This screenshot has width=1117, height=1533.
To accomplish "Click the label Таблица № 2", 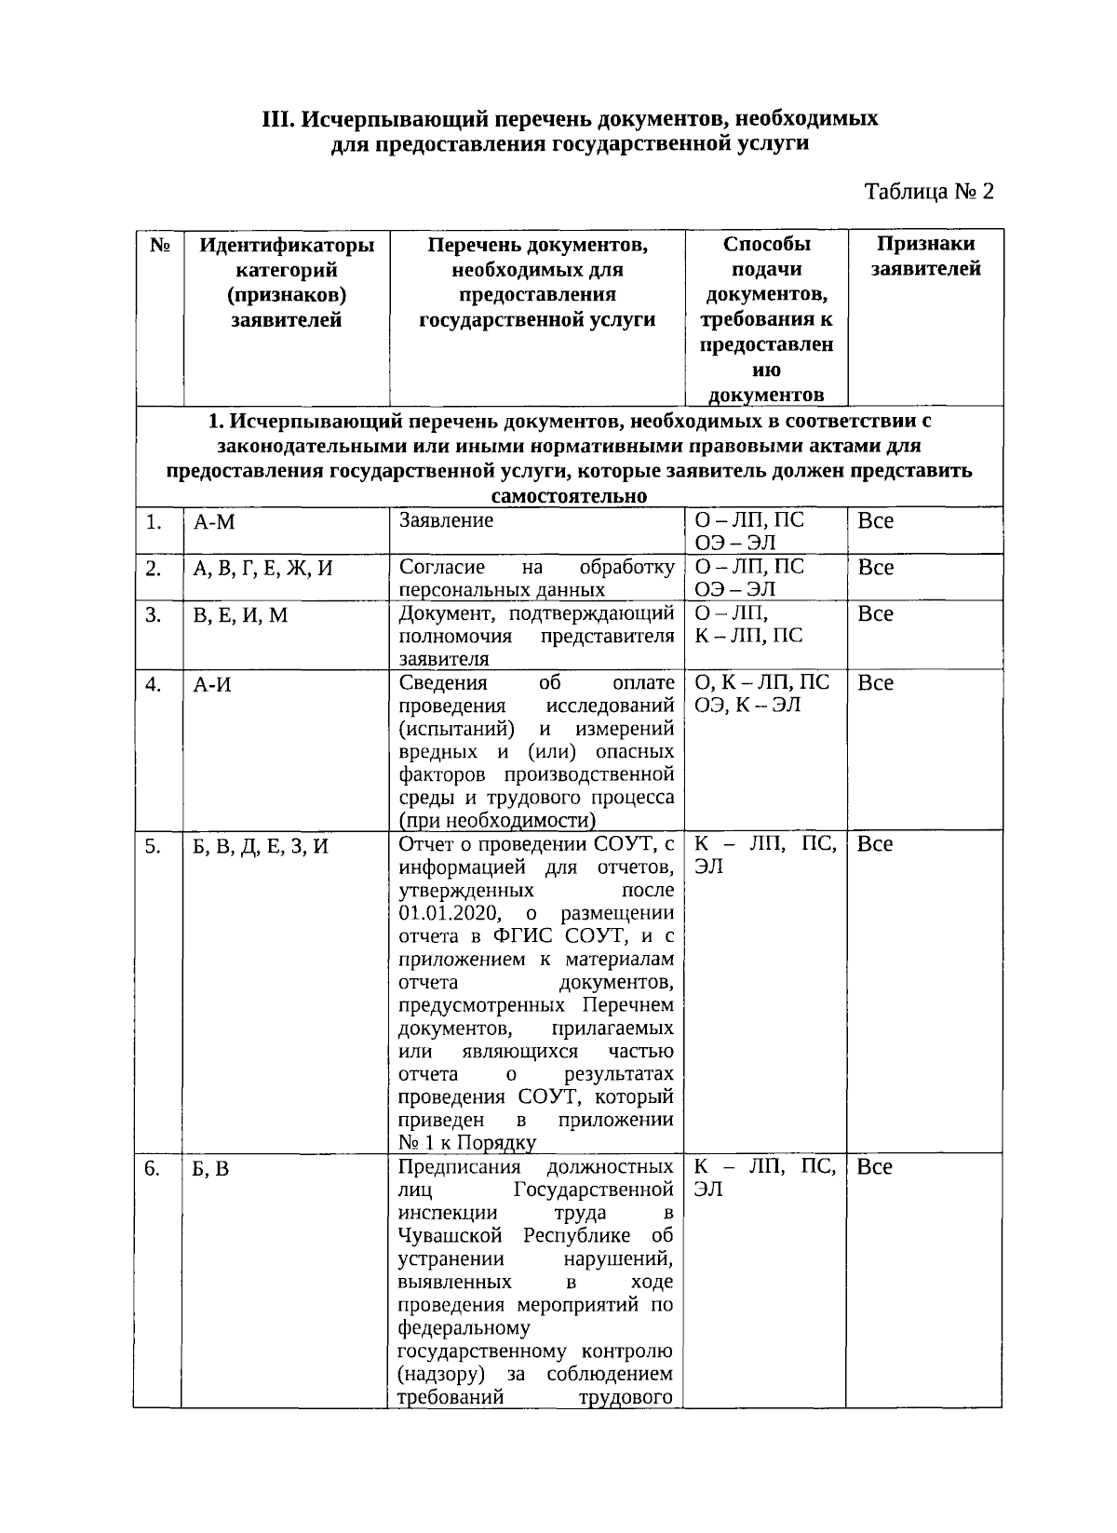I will pos(929,192).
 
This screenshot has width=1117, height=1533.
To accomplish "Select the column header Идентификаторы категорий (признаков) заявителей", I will pos(287,282).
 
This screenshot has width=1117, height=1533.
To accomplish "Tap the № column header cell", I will pos(159,245).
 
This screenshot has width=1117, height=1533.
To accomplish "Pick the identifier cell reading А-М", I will pos(214,522).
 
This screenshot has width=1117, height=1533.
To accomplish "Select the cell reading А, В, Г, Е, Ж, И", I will pos(262,568).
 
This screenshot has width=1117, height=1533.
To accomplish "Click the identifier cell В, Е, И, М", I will pos(240,614).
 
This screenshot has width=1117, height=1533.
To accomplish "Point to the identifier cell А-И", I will pos(212,684).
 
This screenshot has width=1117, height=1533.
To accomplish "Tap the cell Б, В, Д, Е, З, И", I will pos(261,846).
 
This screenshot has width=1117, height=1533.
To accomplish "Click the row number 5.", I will pos(154,846).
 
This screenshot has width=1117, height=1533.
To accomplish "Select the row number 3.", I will pos(154,614).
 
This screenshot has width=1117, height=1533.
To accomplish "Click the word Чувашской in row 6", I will pos(451,1236).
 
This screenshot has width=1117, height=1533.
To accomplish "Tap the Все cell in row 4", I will pos(875,683).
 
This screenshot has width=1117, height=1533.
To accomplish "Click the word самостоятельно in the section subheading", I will pos(569,495).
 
